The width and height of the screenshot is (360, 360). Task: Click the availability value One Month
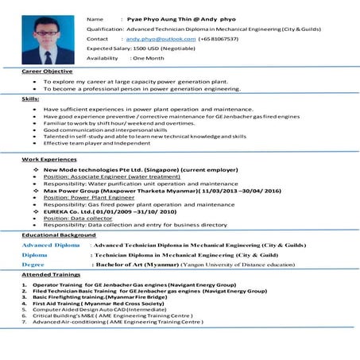click(x=149, y=59)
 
